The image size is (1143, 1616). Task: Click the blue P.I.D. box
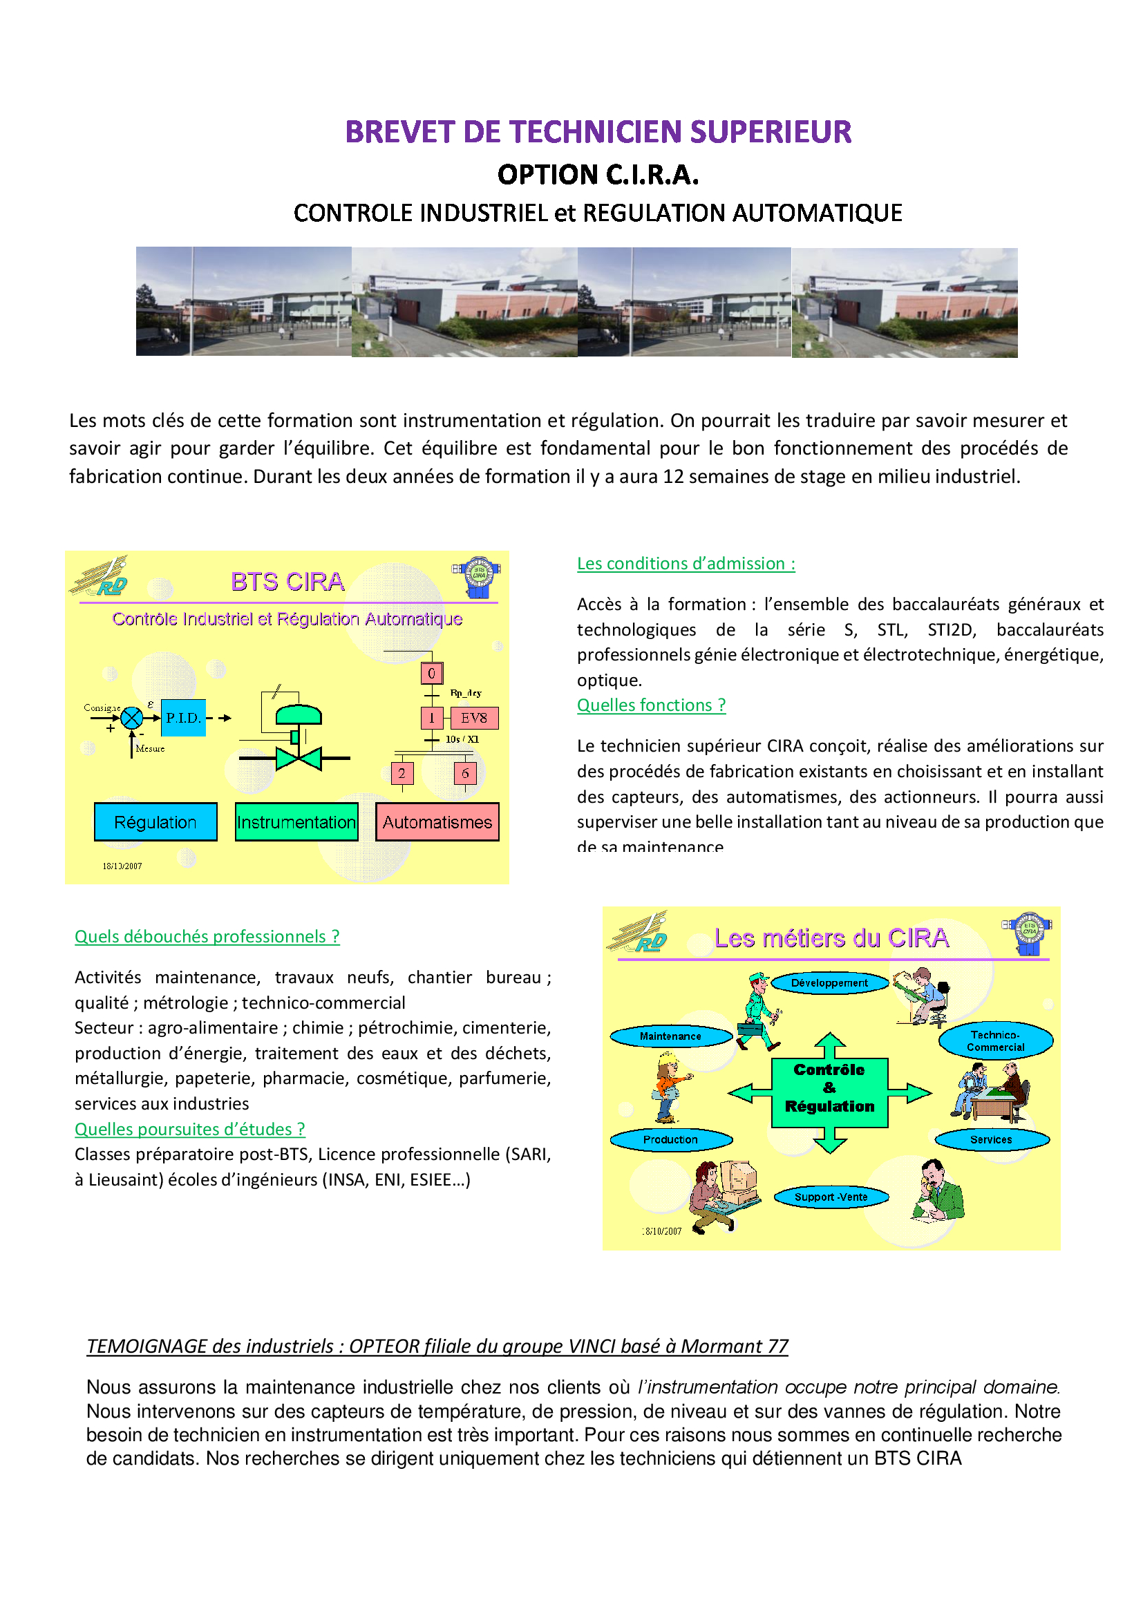click(183, 718)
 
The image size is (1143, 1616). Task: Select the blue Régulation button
click(155, 822)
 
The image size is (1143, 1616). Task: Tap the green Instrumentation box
click(296, 822)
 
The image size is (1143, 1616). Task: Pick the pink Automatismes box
click(437, 822)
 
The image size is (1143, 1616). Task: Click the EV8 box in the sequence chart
click(473, 718)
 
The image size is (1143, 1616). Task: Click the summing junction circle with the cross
click(131, 718)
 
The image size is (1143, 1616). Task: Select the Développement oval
click(830, 983)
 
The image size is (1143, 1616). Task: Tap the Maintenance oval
click(670, 1036)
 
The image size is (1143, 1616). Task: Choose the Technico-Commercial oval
click(995, 1041)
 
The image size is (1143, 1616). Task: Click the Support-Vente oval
click(831, 1197)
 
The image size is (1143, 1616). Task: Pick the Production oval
click(670, 1139)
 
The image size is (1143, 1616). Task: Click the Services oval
click(991, 1139)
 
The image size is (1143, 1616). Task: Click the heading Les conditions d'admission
click(686, 564)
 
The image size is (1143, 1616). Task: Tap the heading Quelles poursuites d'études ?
click(189, 1129)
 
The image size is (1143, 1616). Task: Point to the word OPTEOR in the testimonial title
click(384, 1346)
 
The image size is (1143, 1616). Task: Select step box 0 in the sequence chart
click(431, 673)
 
